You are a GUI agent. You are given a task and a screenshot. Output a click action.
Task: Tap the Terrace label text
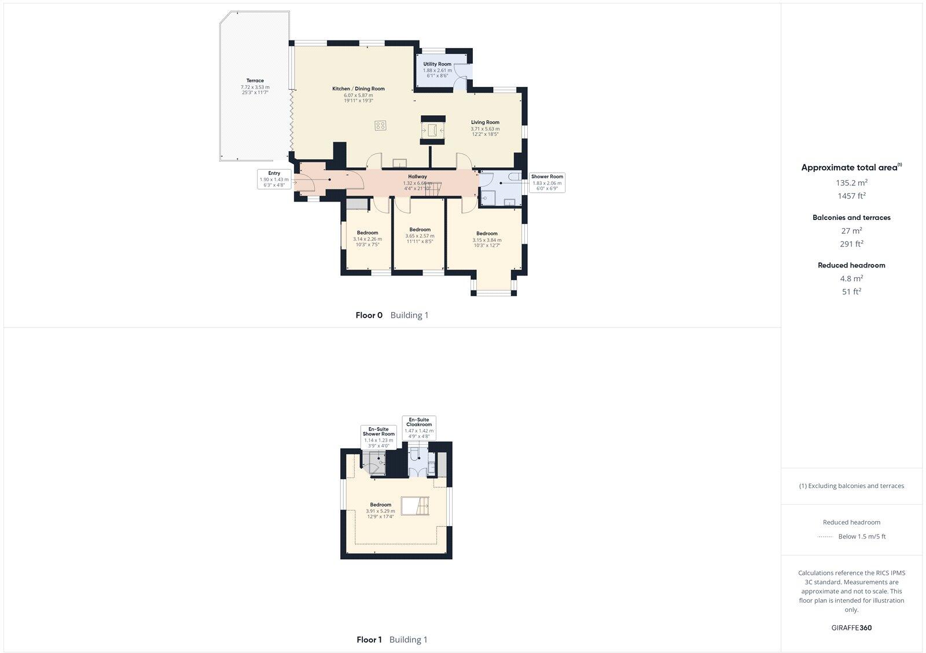pyautogui.click(x=255, y=81)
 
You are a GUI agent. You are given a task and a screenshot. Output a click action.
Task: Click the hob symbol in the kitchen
pyautogui.click(x=380, y=125)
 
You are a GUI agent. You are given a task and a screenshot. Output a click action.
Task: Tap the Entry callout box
pyautogui.click(x=274, y=179)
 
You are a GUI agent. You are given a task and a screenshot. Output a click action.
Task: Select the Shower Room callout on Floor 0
pyautogui.click(x=547, y=182)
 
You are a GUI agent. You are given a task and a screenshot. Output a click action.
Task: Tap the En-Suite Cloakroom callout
pyautogui.click(x=419, y=428)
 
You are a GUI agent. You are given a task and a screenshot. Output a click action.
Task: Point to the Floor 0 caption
pyautogui.click(x=369, y=316)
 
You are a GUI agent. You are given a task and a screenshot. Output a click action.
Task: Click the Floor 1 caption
pyautogui.click(x=369, y=640)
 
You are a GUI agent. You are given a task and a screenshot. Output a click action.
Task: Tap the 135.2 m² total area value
pyautogui.click(x=851, y=182)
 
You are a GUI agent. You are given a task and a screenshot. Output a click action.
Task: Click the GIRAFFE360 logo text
pyautogui.click(x=851, y=628)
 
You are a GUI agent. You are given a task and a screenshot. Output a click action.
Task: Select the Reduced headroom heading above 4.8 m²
pyautogui.click(x=851, y=265)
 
